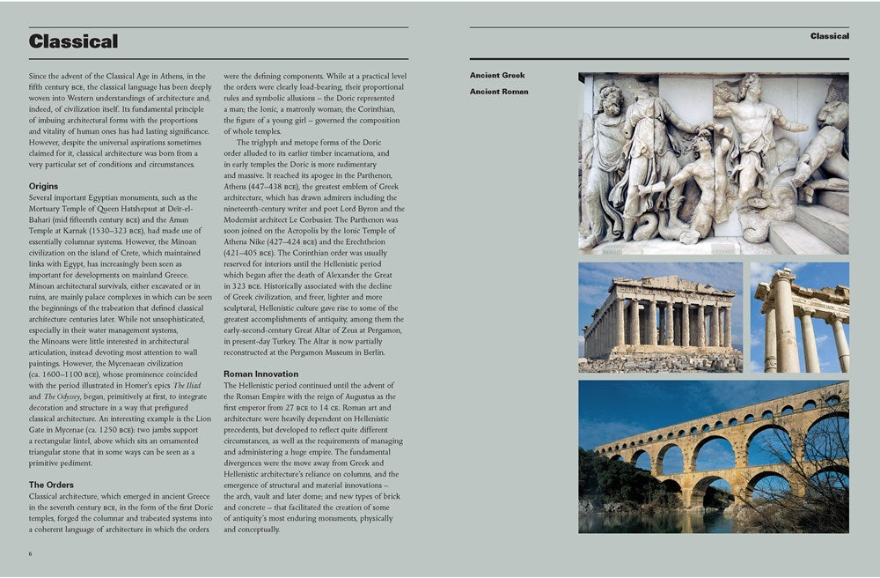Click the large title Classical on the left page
click(73, 41)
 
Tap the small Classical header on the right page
click(829, 36)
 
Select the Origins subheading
click(43, 186)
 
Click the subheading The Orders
click(51, 485)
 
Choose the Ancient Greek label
click(497, 76)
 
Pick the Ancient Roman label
click(499, 92)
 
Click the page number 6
click(31, 553)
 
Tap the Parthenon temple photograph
click(660, 317)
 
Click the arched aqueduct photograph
click(713, 456)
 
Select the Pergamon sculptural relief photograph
click(713, 163)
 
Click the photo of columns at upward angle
click(799, 317)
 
